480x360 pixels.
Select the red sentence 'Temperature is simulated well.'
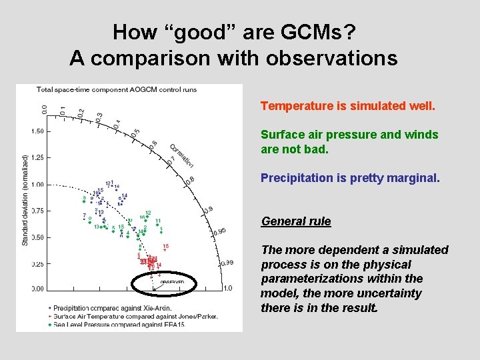[347, 106]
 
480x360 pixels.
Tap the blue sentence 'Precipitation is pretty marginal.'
[350, 178]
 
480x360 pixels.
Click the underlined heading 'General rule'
[296, 221]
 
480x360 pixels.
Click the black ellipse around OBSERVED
[166, 284]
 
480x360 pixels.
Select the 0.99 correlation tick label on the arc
[226, 263]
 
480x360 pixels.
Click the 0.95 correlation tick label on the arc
[219, 231]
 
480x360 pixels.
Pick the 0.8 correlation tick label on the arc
[190, 180]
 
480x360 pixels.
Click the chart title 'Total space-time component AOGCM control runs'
[117, 89]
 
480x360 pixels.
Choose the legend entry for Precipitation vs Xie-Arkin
[109, 308]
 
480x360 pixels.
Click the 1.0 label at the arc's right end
[227, 288]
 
